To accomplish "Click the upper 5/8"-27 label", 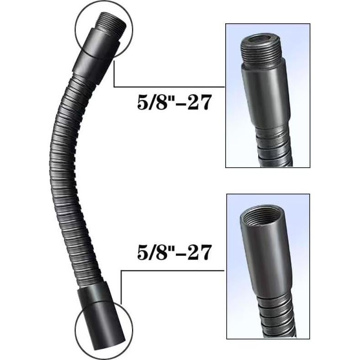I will pyautogui.click(x=174, y=102).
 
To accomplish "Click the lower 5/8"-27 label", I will pyautogui.click(x=174, y=252).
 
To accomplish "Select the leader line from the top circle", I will pyautogui.click(x=169, y=86).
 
